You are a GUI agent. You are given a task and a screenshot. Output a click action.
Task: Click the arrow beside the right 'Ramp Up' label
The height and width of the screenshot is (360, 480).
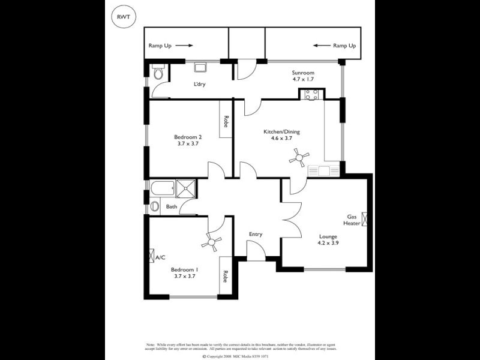(321, 45)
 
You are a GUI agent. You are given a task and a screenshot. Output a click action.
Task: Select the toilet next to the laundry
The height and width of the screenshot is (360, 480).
(158, 73)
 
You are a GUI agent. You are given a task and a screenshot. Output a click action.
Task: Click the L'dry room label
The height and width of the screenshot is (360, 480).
(199, 84)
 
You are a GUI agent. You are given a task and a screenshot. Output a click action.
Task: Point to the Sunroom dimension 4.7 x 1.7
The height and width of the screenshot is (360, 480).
(302, 79)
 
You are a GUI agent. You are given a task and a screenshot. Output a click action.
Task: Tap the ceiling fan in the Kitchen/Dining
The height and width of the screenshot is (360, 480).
(298, 158)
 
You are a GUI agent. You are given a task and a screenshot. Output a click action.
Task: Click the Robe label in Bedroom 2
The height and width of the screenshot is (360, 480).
(226, 122)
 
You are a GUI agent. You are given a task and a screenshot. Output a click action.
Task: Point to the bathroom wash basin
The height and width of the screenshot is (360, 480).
(155, 206)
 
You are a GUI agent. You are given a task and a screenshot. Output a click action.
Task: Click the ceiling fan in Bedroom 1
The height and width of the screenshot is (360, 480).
(211, 242)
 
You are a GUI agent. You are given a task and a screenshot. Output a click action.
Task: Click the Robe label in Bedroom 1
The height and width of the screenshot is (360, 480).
(226, 277)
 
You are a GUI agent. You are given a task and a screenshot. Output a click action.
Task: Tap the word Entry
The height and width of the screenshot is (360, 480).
(256, 234)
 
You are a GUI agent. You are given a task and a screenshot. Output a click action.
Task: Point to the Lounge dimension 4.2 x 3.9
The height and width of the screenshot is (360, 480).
(329, 244)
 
